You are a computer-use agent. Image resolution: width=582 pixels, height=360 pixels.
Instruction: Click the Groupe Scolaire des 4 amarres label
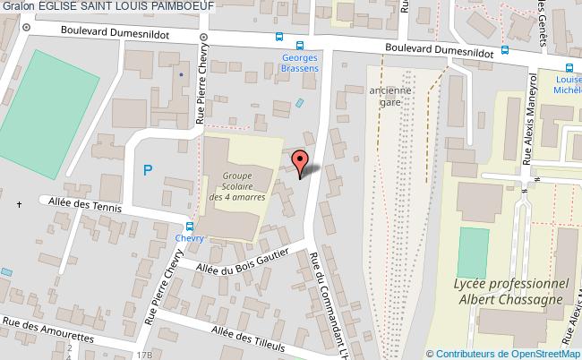pos(237,186)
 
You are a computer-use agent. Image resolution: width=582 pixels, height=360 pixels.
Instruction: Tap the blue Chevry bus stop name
pos(190,237)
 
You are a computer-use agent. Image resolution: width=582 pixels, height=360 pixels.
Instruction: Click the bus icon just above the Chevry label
pos(190,226)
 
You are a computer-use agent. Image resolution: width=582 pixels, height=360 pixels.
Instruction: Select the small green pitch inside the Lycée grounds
pos(472,253)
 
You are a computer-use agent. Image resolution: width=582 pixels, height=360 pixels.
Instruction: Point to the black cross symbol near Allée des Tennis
pos(19,205)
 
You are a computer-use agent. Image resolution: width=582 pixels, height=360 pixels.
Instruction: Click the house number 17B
pos(145,355)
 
